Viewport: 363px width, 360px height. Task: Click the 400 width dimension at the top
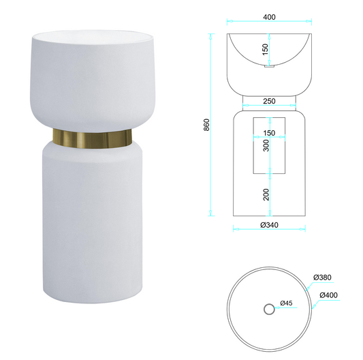[x=269, y=17]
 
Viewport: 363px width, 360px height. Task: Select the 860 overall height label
[x=206, y=125]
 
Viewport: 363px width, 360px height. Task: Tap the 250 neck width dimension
[x=269, y=101]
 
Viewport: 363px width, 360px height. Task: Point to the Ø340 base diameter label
[x=269, y=225]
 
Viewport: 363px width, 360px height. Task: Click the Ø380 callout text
[x=322, y=277]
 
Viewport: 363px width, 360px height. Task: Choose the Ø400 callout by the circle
[x=328, y=295]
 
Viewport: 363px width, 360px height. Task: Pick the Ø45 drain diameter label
[x=286, y=303]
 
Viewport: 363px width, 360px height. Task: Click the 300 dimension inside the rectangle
[x=266, y=145]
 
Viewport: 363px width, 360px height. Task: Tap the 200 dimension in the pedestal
[x=266, y=194]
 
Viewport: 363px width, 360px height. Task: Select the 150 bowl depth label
[x=266, y=49]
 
